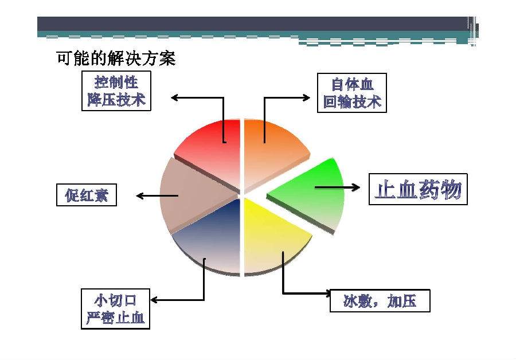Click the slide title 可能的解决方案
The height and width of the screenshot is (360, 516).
click(116, 58)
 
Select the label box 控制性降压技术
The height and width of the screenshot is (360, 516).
click(116, 91)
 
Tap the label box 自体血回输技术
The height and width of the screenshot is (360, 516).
click(352, 93)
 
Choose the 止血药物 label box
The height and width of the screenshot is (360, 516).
click(418, 189)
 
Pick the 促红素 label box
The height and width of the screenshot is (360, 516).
click(87, 195)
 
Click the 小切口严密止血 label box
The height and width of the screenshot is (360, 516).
click(115, 309)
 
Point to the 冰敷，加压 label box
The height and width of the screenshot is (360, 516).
click(380, 301)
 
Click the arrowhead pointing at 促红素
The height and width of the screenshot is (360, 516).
click(139, 196)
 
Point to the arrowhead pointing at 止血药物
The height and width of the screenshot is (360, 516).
click(356, 187)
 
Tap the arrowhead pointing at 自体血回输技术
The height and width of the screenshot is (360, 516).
click(306, 97)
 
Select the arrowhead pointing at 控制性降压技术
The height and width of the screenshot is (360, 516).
click(175, 97)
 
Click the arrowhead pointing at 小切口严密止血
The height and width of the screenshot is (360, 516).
click(154, 300)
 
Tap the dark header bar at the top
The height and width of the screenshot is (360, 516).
click(253, 24)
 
